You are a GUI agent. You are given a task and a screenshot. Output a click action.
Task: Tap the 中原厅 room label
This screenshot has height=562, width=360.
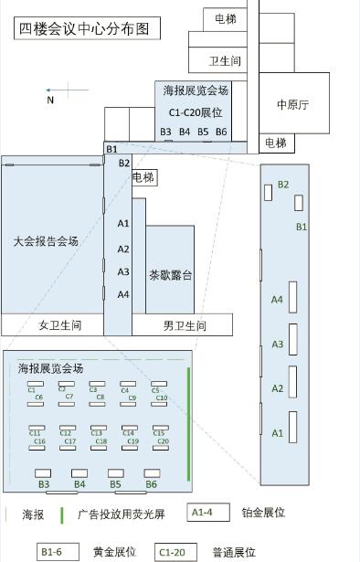pos(292,105)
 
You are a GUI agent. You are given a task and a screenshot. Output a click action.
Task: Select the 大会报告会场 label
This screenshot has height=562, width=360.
pos(46,241)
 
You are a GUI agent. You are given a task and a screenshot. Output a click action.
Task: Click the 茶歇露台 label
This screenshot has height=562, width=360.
pos(170,274)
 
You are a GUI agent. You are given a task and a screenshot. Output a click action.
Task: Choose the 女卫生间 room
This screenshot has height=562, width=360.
pos(59,325)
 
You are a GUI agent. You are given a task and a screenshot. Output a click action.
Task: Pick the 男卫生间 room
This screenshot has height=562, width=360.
pos(184,325)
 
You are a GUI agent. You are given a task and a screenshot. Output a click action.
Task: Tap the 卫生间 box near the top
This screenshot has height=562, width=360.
pos(224,61)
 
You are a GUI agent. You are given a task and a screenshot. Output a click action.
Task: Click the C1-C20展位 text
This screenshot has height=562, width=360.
pos(196,112)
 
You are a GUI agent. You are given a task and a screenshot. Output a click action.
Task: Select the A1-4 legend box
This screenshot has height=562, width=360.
pos(207,513)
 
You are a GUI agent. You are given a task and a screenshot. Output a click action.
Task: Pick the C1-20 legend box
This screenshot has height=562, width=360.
pos(176,552)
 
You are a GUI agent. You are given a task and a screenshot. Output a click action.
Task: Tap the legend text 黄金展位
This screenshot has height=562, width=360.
pos(114,552)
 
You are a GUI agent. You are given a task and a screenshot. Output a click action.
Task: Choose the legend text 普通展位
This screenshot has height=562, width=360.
pos(234,552)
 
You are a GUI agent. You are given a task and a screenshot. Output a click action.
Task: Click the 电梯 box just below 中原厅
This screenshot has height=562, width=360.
pos(275,143)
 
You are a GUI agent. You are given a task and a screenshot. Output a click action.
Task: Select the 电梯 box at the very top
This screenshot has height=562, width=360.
pos(226,17)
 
